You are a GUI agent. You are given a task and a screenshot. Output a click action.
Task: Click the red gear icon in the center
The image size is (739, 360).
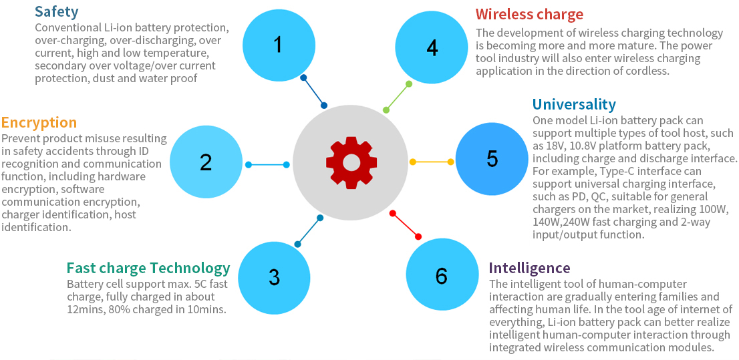351,162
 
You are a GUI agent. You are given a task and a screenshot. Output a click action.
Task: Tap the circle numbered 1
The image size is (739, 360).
277,45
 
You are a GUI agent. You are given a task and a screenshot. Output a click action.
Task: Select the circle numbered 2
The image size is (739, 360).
205,162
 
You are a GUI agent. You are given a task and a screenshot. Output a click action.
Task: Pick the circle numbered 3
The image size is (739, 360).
274,277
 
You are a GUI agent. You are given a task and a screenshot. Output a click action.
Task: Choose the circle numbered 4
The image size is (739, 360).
432,47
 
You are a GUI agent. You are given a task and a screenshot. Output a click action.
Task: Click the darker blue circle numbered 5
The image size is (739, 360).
492,159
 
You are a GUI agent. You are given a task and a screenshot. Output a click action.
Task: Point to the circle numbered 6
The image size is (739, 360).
442,275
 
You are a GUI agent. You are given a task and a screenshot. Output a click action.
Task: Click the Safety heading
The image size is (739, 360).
56,11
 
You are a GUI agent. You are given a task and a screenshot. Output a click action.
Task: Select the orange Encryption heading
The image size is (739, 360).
39,122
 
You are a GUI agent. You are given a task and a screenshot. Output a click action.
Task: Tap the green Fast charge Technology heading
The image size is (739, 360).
148,268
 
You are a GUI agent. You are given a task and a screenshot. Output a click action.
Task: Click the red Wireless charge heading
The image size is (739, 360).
529,14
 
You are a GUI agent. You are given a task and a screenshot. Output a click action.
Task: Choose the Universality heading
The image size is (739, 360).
574,104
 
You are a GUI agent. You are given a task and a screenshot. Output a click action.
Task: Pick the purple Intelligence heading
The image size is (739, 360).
529,268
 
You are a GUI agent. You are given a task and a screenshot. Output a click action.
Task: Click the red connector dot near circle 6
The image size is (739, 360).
418,236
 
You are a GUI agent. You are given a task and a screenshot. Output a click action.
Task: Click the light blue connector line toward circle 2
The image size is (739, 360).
267,164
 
